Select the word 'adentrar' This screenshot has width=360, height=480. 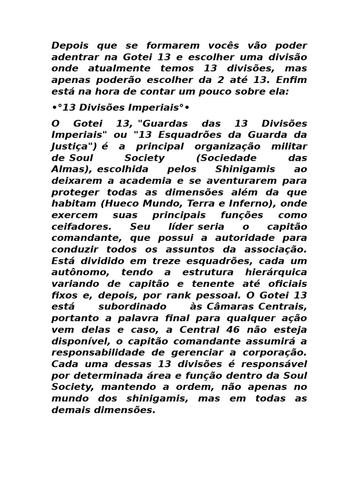coord(72,57)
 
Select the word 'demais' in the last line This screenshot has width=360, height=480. coord(69,409)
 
